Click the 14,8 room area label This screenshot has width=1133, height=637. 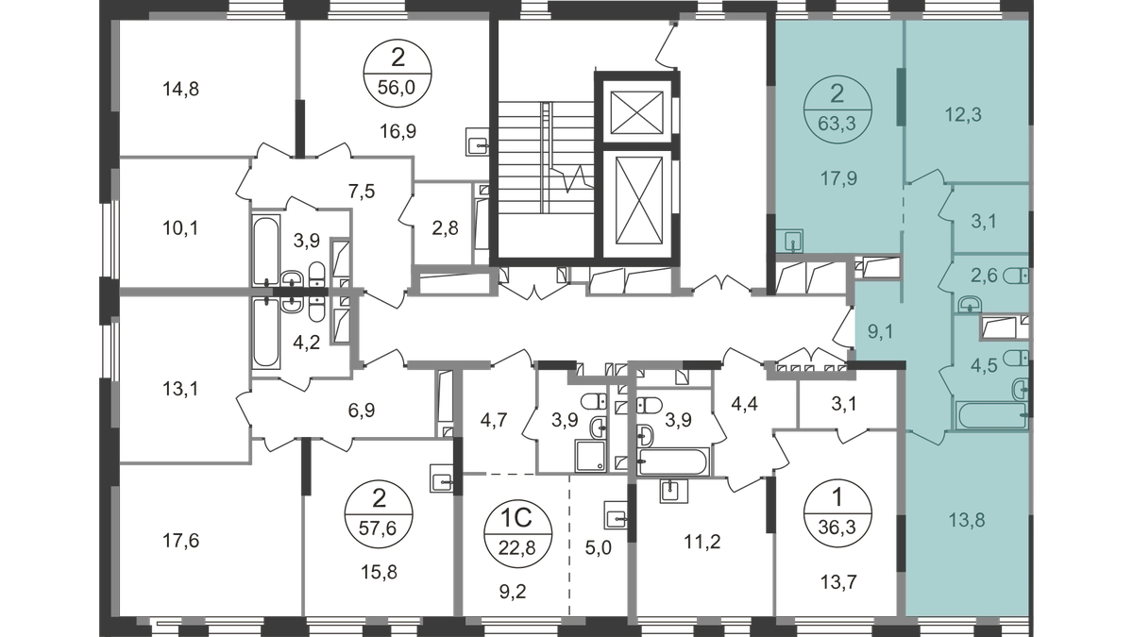pyautogui.click(x=180, y=90)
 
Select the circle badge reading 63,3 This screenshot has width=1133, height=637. pyautogui.click(x=837, y=109)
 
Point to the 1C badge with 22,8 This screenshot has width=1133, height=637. pyautogui.click(x=518, y=533)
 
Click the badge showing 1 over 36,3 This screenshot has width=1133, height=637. pyautogui.click(x=837, y=513)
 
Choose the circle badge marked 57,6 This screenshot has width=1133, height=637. pyautogui.click(x=379, y=514)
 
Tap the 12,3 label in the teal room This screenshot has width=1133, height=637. pyautogui.click(x=964, y=115)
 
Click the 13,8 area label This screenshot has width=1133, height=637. pyautogui.click(x=967, y=520)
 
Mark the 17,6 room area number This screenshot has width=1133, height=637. pyautogui.click(x=180, y=542)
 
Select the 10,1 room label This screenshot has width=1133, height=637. pyautogui.click(x=180, y=228)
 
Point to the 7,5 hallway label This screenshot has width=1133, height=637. pyautogui.click(x=363, y=193)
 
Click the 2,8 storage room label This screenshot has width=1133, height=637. pyautogui.click(x=446, y=228)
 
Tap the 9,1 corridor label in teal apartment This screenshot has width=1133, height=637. pyautogui.click(x=881, y=332)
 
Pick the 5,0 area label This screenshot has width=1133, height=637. pyautogui.click(x=599, y=547)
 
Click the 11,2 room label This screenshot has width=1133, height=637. pyautogui.click(x=702, y=543)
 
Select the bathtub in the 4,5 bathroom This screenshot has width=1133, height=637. pyautogui.click(x=992, y=415)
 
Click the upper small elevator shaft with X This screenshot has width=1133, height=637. pyautogui.click(x=636, y=112)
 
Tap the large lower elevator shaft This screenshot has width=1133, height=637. pyautogui.click(x=639, y=200)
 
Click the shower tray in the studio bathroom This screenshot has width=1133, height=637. pyautogui.click(x=590, y=457)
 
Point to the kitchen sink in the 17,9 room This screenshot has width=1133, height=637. pyautogui.click(x=791, y=242)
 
